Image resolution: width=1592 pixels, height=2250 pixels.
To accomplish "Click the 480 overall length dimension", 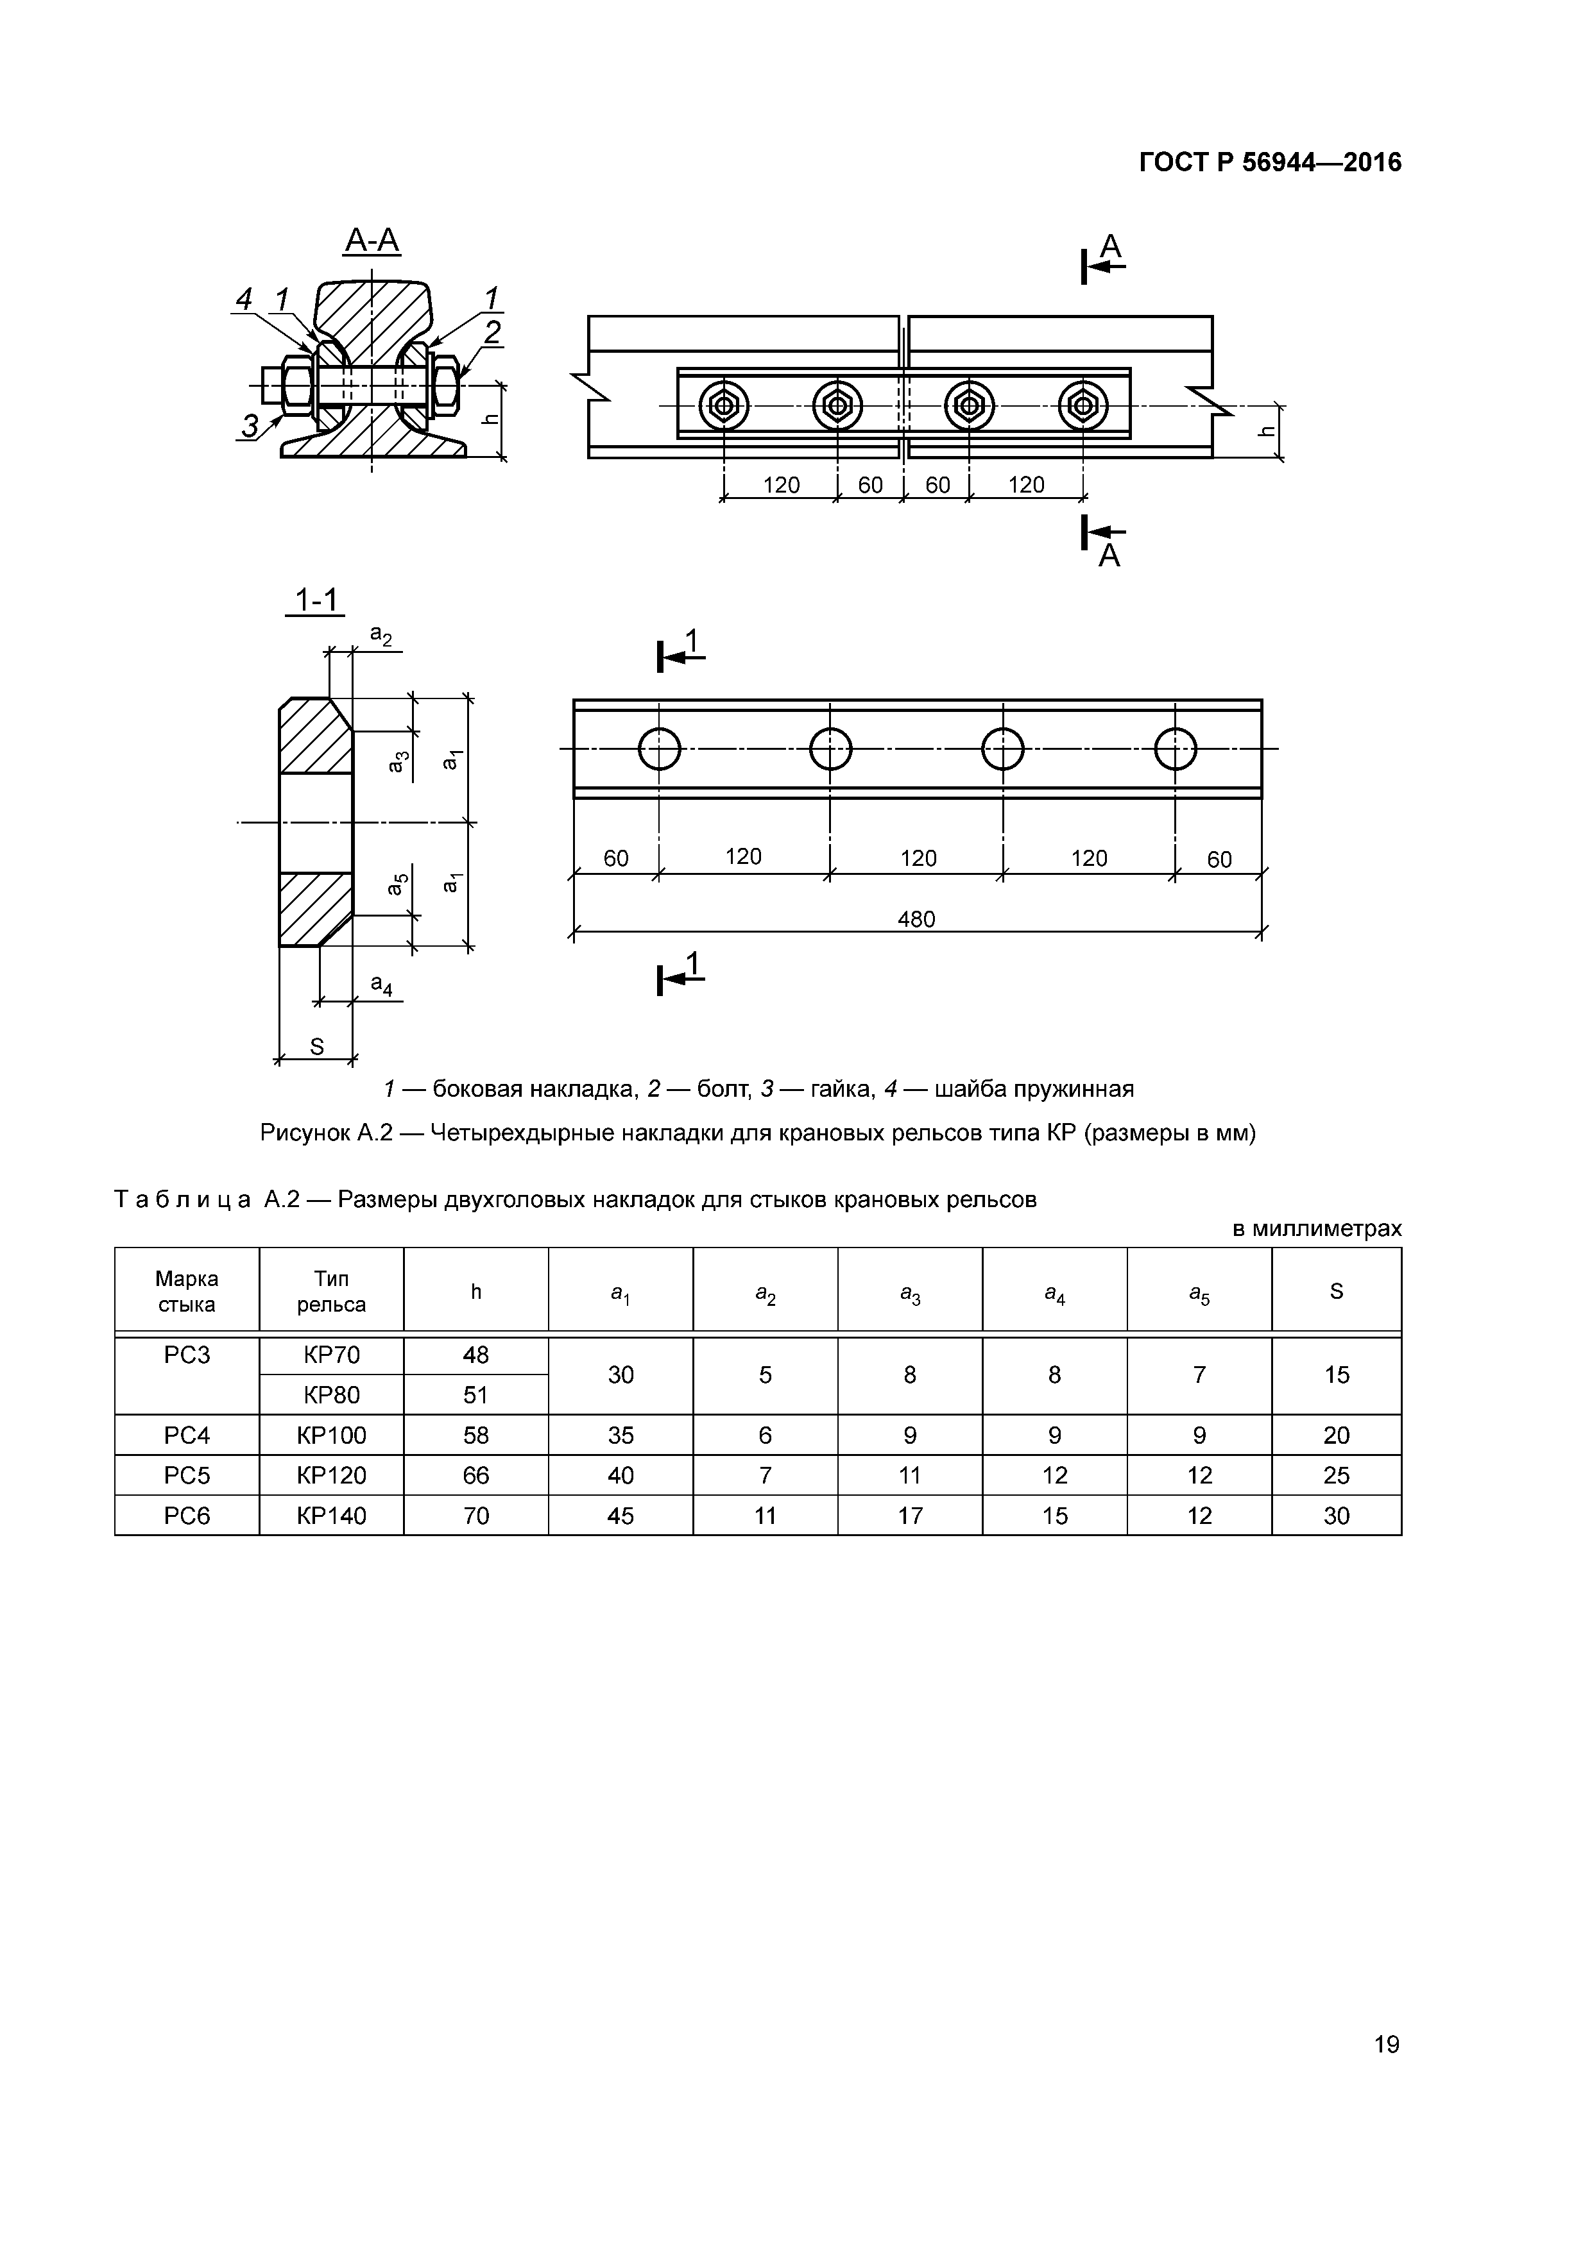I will pos(916,918).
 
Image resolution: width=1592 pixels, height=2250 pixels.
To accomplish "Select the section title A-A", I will pos(373,240).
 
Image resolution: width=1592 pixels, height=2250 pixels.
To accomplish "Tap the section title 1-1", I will pos(316,599).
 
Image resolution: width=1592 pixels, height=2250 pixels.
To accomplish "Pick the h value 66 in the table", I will pos(475,1475).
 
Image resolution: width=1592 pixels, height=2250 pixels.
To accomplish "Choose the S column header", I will pos(1336,1292).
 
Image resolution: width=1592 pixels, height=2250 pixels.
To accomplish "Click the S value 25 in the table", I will pos(1336,1475).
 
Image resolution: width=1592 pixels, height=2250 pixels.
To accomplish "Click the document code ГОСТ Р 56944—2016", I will pos(1269,163).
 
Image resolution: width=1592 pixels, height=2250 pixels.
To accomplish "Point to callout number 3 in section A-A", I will pos(251,425).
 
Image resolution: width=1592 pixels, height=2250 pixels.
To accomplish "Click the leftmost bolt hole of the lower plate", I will pos(659,750).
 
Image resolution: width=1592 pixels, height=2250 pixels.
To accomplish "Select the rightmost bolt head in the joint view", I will pos(1083,405).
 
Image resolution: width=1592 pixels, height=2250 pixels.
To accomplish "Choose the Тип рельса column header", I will pos(331,1292).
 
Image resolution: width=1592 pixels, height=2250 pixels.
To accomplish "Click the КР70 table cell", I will pos(331,1355).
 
